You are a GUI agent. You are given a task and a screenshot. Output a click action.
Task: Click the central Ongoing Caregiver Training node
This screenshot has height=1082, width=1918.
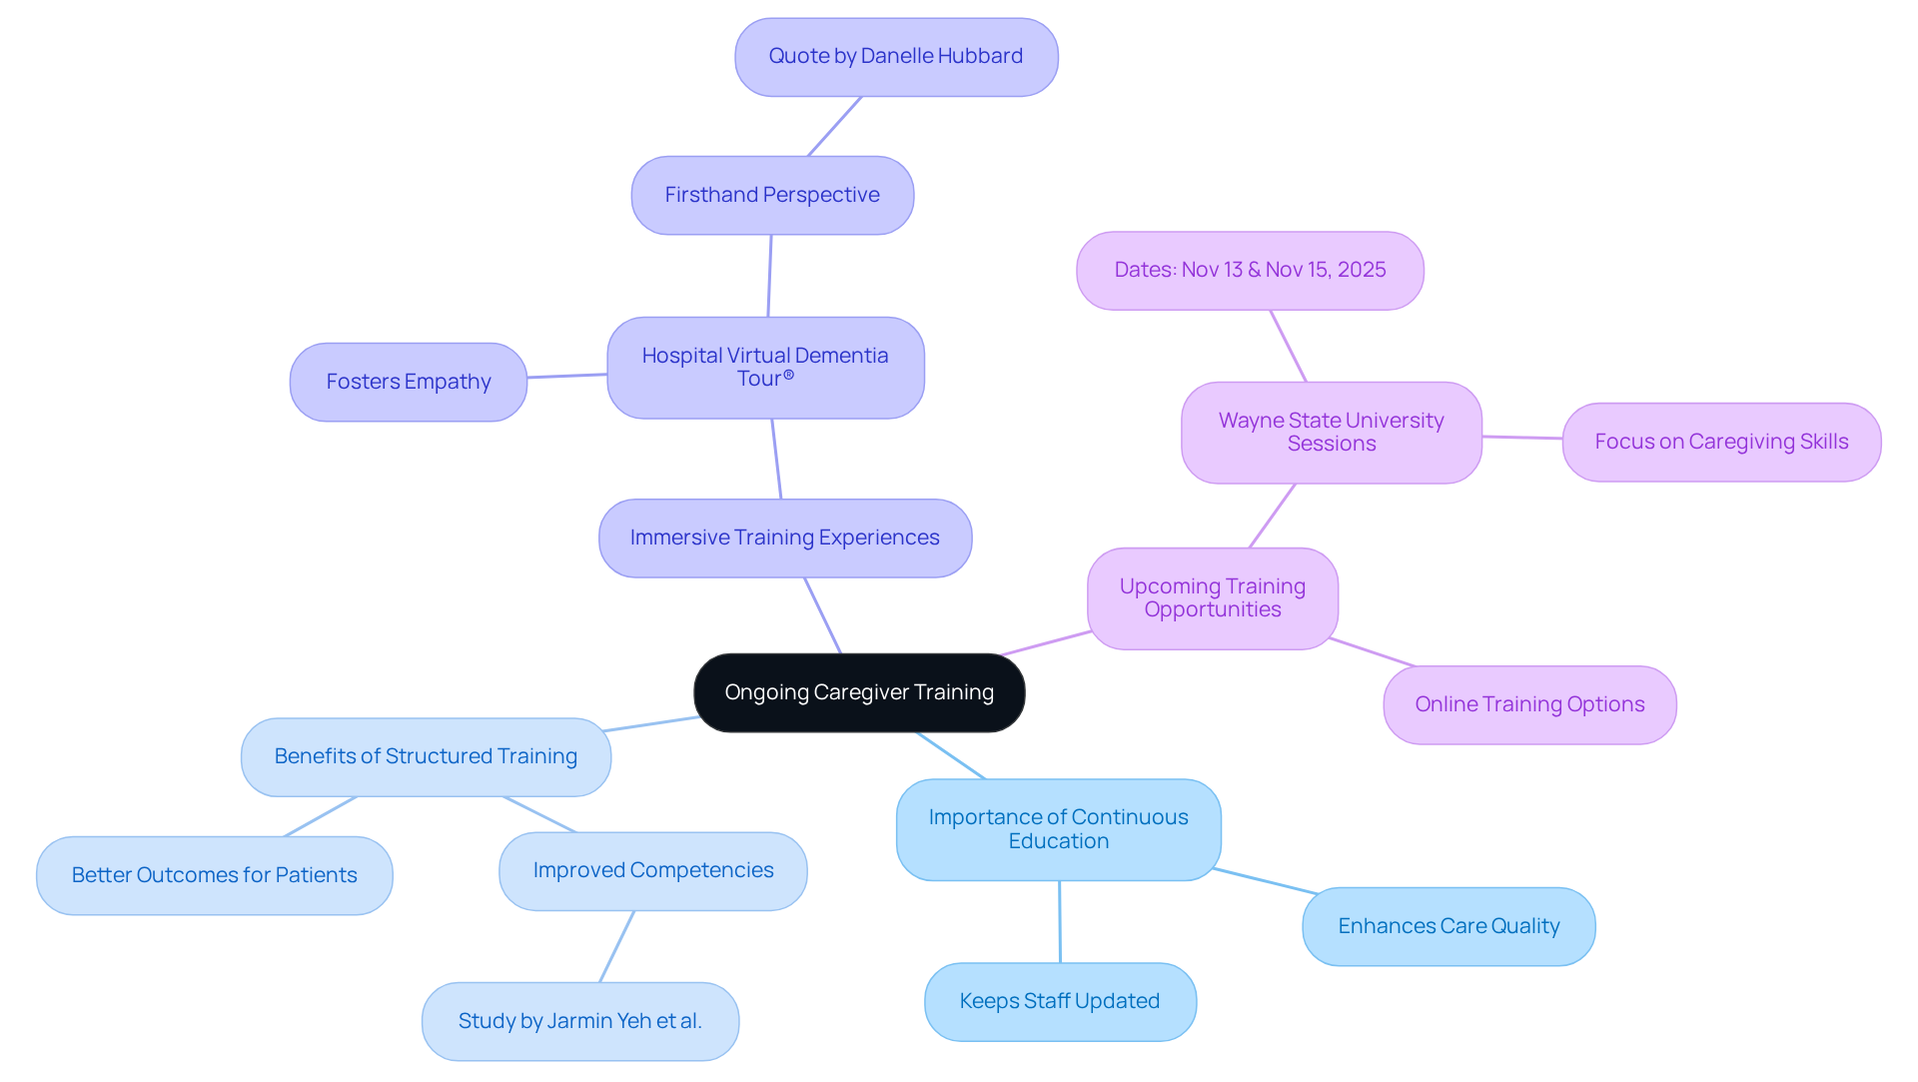pyautogui.click(x=859, y=692)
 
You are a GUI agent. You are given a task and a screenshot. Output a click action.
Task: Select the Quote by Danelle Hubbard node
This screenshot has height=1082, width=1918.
pyautogui.click(x=896, y=57)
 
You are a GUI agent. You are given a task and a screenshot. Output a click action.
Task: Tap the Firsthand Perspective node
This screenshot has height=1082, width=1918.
pyautogui.click(x=772, y=195)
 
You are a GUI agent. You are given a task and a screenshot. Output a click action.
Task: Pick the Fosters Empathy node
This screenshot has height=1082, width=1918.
pyautogui.click(x=408, y=382)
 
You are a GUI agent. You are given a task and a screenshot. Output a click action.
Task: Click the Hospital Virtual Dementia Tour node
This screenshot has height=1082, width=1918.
pyautogui.click(x=765, y=368)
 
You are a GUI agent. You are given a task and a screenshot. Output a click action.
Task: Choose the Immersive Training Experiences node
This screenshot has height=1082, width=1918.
pyautogui.click(x=784, y=538)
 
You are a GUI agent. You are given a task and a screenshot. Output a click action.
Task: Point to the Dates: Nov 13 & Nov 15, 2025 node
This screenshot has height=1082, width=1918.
pyautogui.click(x=1250, y=271)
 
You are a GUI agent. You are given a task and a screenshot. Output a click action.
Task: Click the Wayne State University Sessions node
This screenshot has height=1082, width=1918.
pyautogui.click(x=1331, y=433)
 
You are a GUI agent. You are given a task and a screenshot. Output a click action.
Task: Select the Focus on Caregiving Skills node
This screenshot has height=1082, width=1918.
pyautogui.click(x=1721, y=442)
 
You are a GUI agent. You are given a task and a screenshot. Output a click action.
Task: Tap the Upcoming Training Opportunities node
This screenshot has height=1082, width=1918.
pyautogui.click(x=1212, y=598)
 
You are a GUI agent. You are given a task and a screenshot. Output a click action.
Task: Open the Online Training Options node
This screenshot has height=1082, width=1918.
pyautogui.click(x=1529, y=704)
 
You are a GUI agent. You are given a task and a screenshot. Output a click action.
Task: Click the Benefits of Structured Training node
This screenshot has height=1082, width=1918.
pyautogui.click(x=426, y=756)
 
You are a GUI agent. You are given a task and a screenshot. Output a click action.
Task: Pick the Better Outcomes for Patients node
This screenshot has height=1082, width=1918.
pyautogui.click(x=214, y=875)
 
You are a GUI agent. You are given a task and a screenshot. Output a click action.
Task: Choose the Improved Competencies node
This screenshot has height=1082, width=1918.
pyautogui.click(x=652, y=870)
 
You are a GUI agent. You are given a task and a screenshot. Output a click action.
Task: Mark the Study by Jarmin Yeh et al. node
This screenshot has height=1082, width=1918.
pyautogui.click(x=579, y=1021)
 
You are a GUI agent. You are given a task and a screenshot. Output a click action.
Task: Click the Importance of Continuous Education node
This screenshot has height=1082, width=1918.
pyautogui.click(x=1058, y=829)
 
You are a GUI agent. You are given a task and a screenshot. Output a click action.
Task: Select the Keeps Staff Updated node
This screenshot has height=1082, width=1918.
pyautogui.click(x=1060, y=1001)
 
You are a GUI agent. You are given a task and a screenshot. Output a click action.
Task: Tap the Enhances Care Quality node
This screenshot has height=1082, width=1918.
pyautogui.click(x=1448, y=926)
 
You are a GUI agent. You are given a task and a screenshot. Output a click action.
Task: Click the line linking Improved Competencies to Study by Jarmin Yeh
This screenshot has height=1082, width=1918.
pyautogui.click(x=616, y=946)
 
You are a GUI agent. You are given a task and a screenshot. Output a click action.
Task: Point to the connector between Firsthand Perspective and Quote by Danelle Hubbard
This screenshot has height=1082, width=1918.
pyautogui.click(x=834, y=127)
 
